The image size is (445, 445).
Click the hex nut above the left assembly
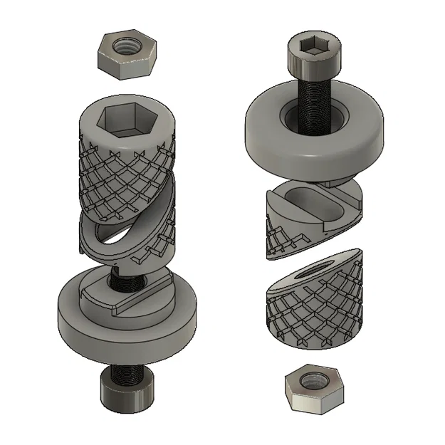pyautogui.click(x=127, y=57)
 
